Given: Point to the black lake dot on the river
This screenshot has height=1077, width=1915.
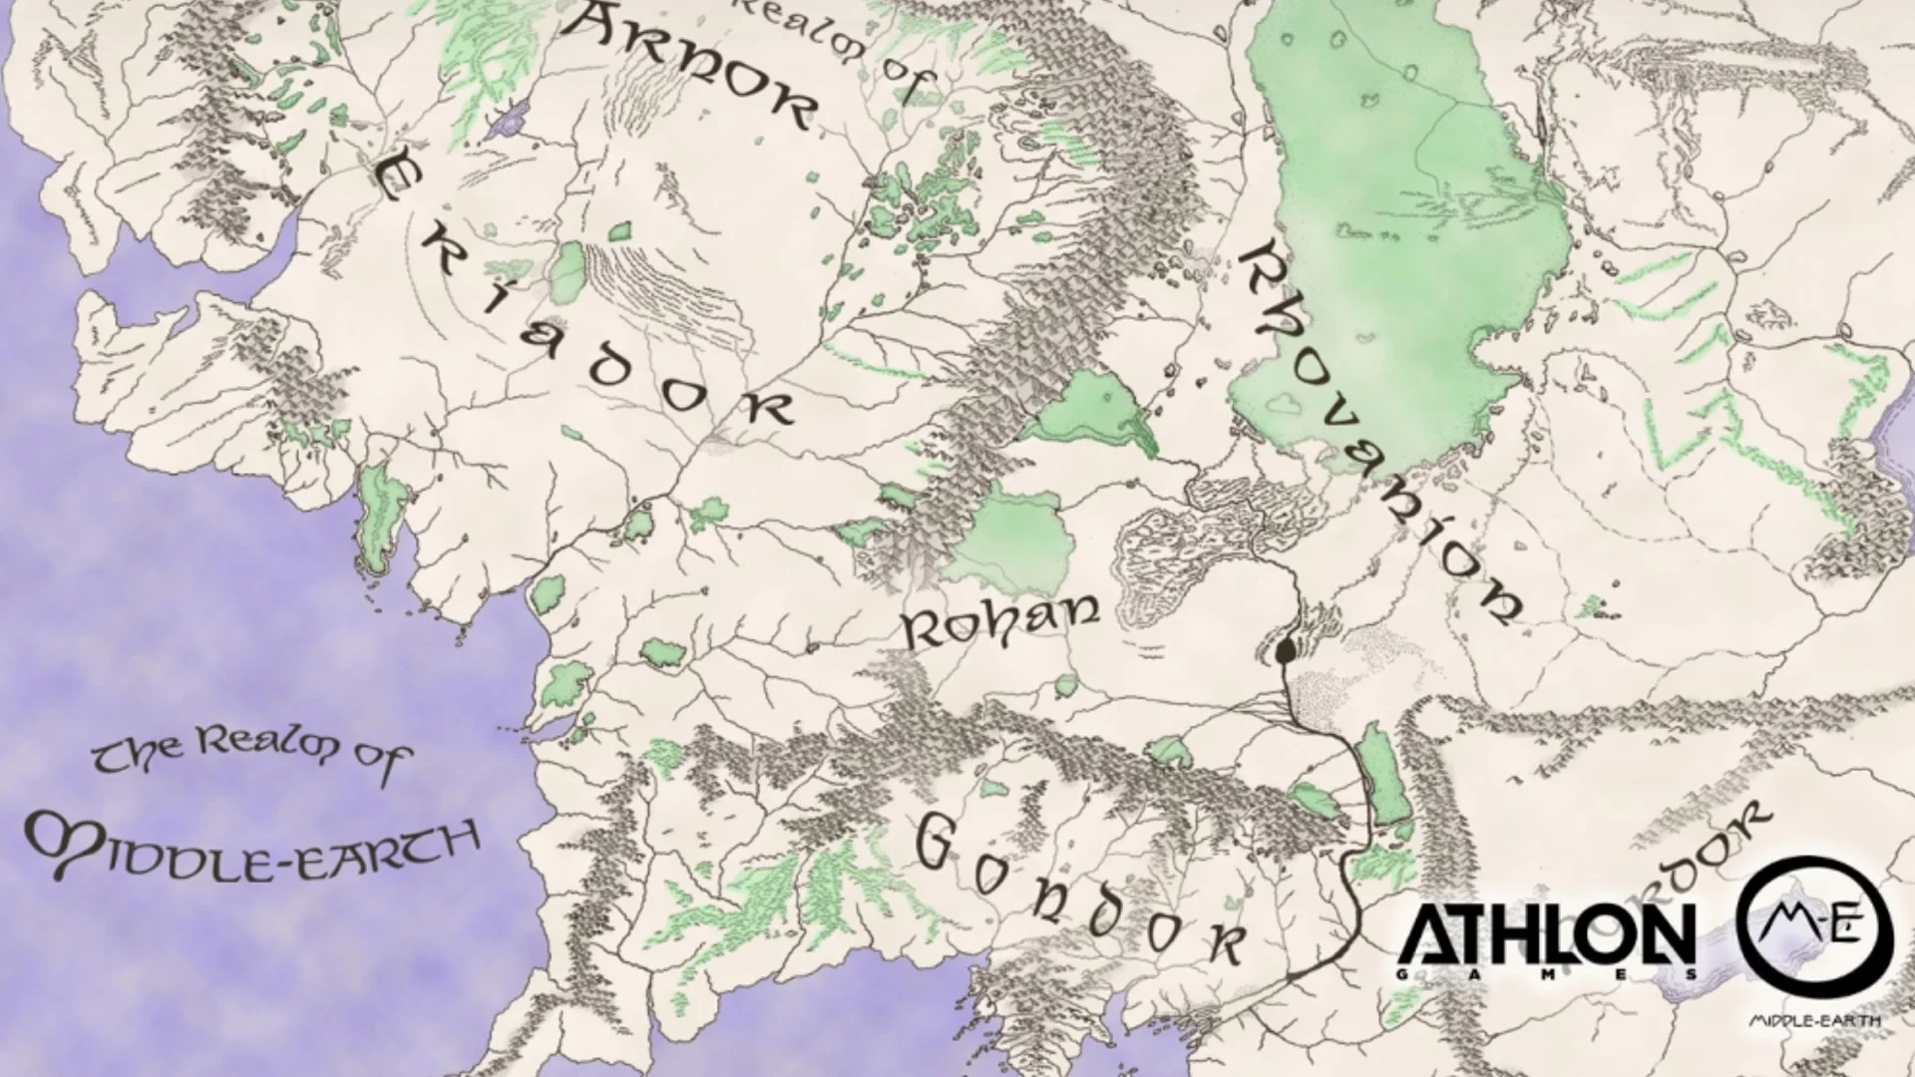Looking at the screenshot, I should [1286, 650].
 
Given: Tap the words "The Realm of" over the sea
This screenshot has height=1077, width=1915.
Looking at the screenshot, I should [249, 758].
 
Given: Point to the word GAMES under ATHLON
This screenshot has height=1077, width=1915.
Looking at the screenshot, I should [1545, 974].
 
